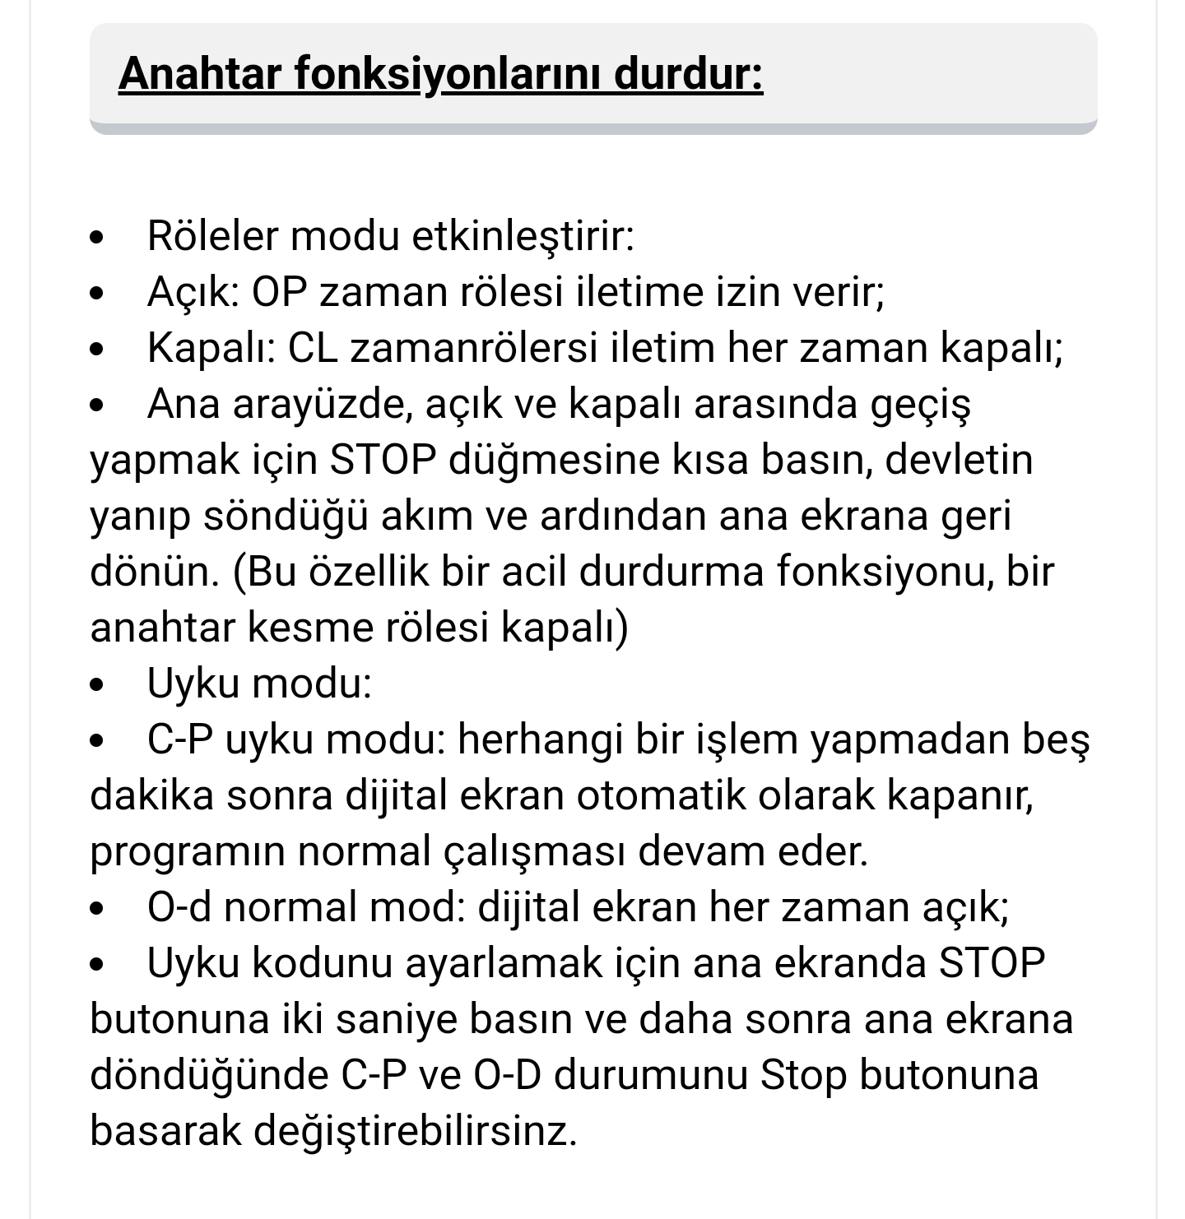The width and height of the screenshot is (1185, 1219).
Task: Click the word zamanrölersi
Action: point(473,348)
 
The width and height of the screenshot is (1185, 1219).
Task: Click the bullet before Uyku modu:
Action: point(98,685)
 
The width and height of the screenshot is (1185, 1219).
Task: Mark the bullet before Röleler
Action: point(98,238)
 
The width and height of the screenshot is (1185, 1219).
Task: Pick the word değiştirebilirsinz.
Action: point(416,1131)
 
